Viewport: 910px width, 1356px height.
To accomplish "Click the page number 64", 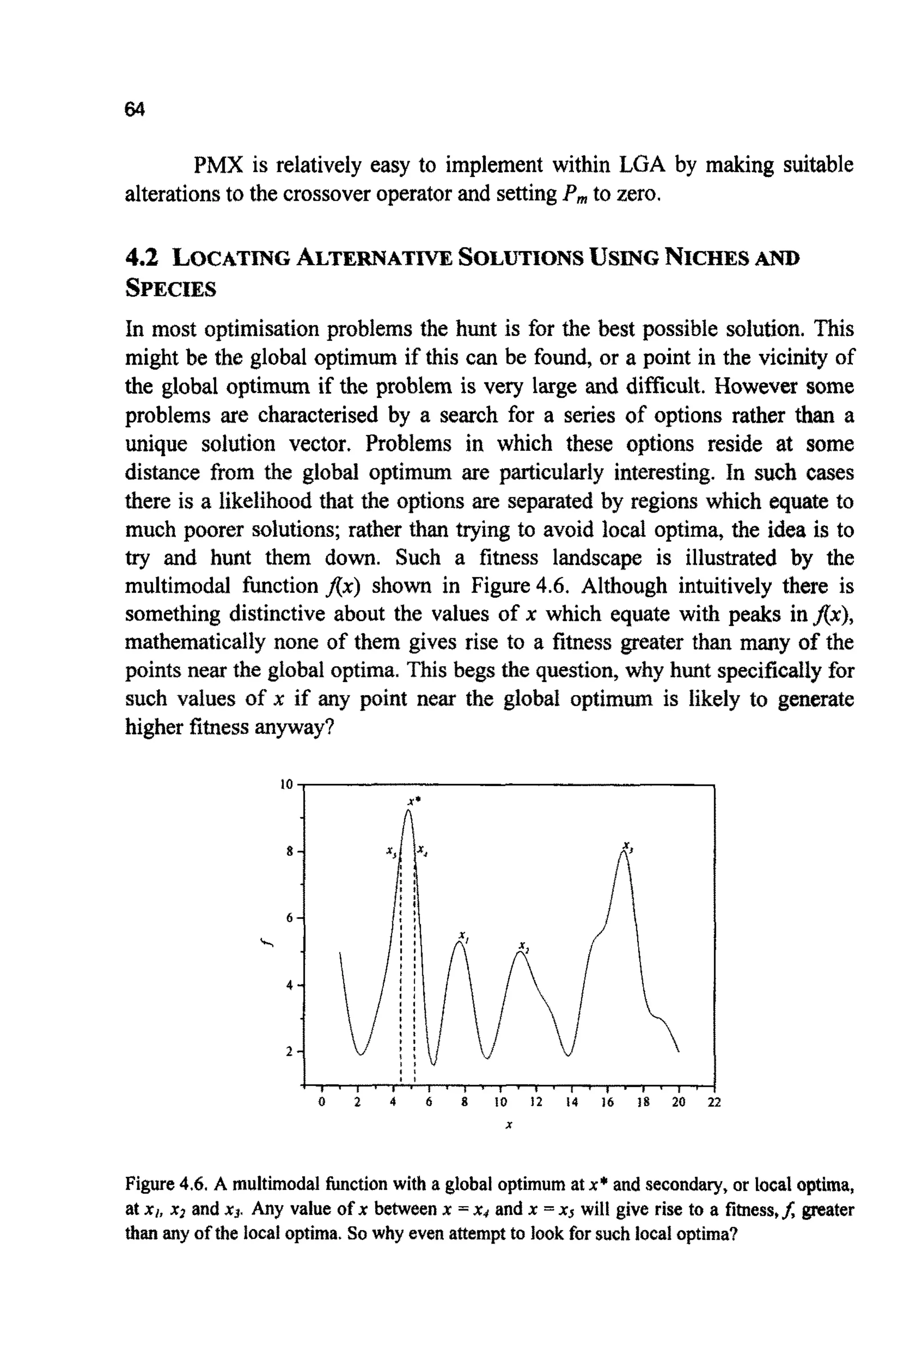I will [x=135, y=109].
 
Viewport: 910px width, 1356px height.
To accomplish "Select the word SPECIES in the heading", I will [x=171, y=288].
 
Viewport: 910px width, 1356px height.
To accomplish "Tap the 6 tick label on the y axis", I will [x=290, y=918].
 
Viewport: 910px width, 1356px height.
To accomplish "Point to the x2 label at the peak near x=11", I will [x=523, y=946].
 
